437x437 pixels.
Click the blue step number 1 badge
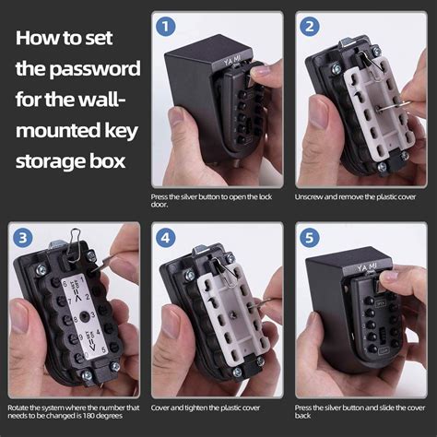[x=166, y=28]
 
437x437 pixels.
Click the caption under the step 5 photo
[x=358, y=411]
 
